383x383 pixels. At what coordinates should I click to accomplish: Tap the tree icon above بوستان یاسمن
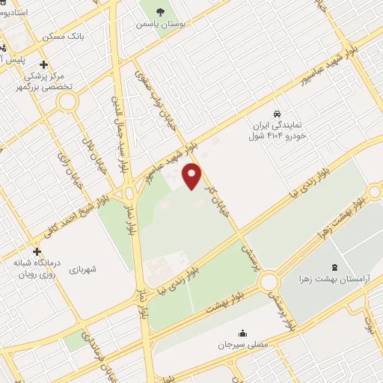click(161, 11)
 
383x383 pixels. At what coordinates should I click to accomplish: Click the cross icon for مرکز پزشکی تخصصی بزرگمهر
click(43, 64)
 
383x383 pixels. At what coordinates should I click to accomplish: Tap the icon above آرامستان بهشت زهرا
click(333, 267)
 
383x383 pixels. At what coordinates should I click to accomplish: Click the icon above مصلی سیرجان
click(242, 334)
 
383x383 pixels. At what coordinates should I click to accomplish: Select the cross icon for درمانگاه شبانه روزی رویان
click(37, 251)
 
